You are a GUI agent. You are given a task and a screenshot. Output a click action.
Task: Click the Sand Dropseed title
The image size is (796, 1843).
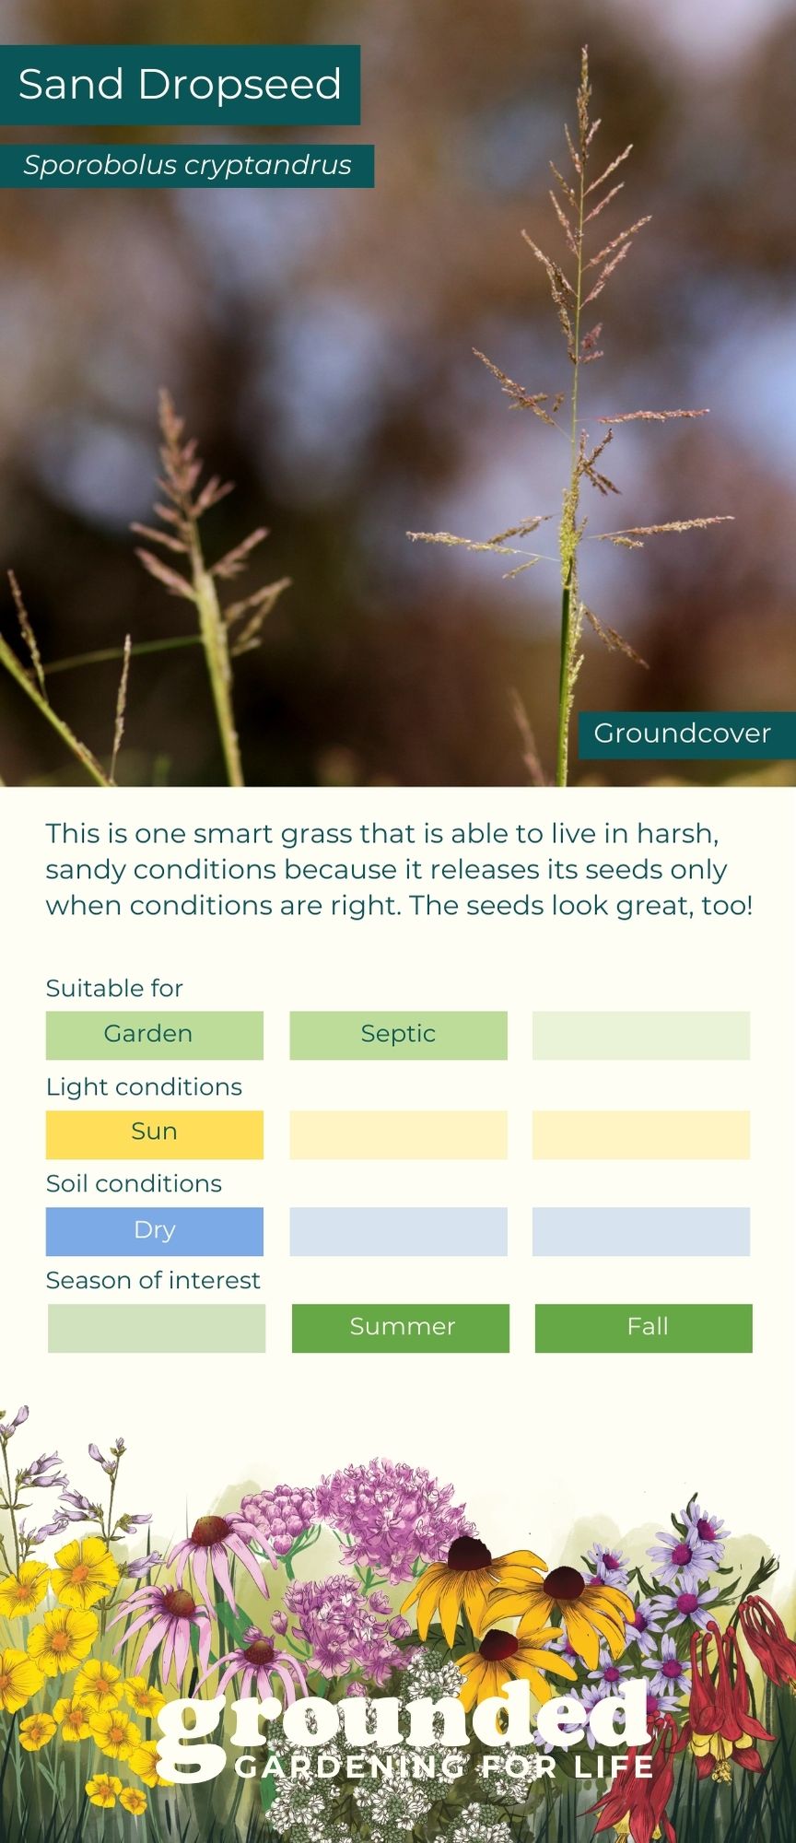point(180,85)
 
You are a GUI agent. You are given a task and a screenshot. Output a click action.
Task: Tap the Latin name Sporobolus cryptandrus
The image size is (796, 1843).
point(187,166)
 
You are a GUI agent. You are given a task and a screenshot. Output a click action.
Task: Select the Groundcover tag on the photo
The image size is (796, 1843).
point(682,734)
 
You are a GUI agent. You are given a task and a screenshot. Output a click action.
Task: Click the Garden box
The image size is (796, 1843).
point(155,1035)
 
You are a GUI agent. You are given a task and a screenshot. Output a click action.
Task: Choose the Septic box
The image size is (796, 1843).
point(398,1035)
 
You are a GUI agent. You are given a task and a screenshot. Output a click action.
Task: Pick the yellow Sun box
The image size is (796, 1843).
point(155,1133)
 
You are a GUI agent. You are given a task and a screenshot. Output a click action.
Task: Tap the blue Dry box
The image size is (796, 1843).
point(155,1231)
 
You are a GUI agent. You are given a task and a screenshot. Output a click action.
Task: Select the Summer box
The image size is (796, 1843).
point(401,1328)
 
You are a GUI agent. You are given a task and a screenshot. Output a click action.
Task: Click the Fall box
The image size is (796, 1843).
point(644,1328)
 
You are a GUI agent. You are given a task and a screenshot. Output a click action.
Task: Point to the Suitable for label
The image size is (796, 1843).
point(114,989)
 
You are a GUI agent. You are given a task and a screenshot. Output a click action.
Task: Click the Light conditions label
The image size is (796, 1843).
point(144,1087)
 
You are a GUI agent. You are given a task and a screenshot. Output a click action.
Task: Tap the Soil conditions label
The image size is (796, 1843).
point(134,1184)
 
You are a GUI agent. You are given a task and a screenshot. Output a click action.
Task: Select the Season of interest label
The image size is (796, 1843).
point(153,1281)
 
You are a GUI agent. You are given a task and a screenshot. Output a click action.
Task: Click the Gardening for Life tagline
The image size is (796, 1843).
point(444,1767)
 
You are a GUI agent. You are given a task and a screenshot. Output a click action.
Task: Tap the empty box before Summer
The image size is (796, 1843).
point(157,1328)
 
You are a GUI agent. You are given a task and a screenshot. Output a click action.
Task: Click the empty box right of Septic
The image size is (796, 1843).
point(641,1035)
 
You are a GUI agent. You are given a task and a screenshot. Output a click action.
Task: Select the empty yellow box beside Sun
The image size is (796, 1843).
point(398,1133)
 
